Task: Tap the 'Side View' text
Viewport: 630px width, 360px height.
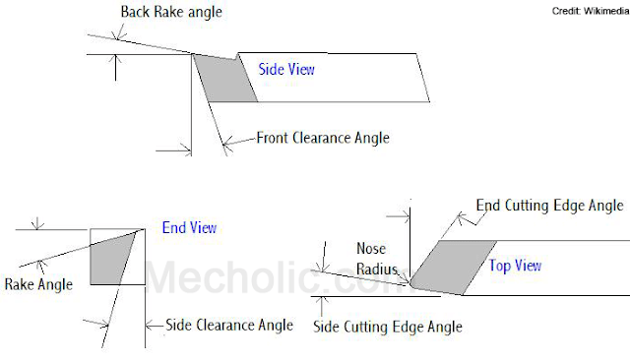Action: tap(286, 70)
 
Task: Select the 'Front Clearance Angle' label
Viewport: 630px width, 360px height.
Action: tap(323, 138)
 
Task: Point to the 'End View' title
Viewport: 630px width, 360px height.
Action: tap(189, 228)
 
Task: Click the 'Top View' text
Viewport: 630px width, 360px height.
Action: tap(515, 266)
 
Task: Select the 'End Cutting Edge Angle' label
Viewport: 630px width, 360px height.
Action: tap(549, 206)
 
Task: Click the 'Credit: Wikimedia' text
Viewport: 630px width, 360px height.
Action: tap(587, 10)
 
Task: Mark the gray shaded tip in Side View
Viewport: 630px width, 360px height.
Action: tap(224, 79)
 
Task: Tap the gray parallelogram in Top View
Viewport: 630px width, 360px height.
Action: tap(454, 266)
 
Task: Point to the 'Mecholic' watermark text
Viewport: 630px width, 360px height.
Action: tap(246, 278)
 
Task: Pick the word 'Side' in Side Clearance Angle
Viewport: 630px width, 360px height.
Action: tap(179, 325)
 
